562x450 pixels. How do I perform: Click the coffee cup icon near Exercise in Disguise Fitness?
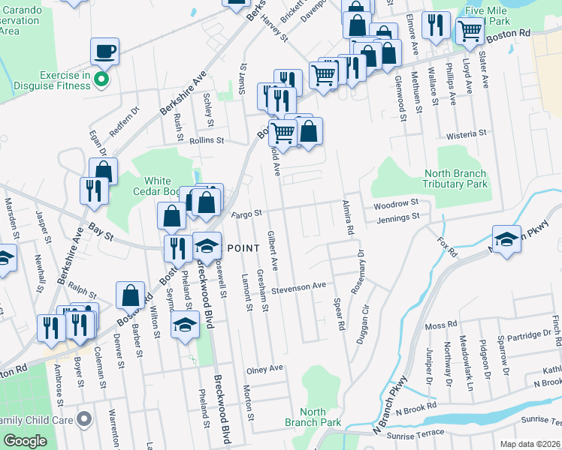(105, 51)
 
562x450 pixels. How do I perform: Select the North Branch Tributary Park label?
(455, 178)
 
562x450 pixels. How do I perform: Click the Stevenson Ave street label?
(299, 286)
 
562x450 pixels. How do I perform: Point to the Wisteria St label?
(467, 133)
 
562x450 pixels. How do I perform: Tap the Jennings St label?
(400, 217)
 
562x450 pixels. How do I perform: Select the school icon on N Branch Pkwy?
(506, 239)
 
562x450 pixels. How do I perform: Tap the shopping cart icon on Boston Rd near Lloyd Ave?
(470, 31)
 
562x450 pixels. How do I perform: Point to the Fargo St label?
(246, 214)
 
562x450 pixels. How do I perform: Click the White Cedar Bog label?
(158, 186)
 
